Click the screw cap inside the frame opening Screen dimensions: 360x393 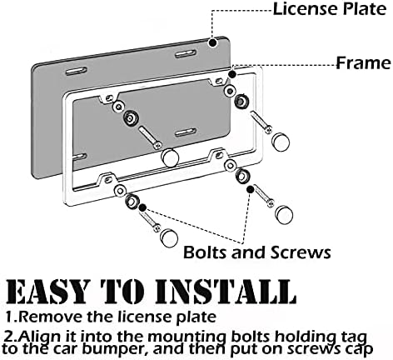[171, 156]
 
